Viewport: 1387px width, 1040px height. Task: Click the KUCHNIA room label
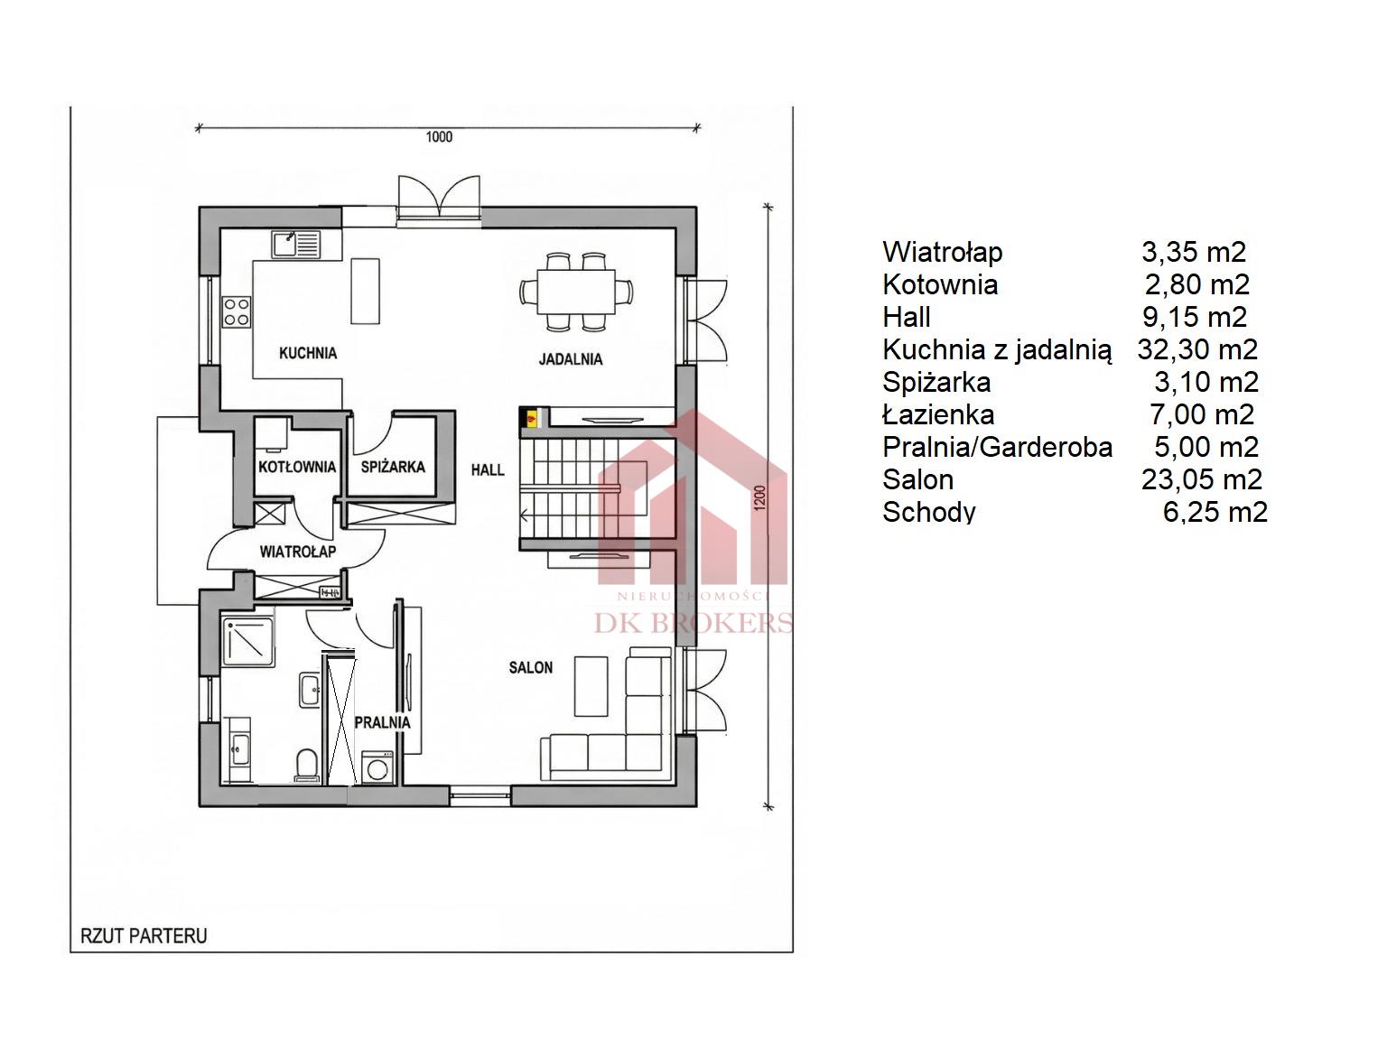pyautogui.click(x=308, y=352)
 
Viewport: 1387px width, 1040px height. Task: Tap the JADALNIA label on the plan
pyautogui.click(x=570, y=359)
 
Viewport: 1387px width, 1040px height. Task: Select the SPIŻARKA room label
pyautogui.click(x=393, y=468)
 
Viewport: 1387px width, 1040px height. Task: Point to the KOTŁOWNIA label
pyautogui.click(x=296, y=468)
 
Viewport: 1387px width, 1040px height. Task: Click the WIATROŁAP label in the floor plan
pyautogui.click(x=298, y=552)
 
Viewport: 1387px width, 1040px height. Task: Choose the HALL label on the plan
pyautogui.click(x=488, y=469)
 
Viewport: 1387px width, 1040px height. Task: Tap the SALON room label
pyautogui.click(x=531, y=667)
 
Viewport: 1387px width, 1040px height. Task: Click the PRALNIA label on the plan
pyautogui.click(x=382, y=722)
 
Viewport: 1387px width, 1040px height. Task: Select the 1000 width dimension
pyautogui.click(x=439, y=137)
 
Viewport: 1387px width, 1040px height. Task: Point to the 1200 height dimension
pyautogui.click(x=760, y=497)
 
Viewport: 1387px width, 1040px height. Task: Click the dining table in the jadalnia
pyautogui.click(x=576, y=291)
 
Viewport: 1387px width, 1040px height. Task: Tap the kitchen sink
pyautogui.click(x=296, y=245)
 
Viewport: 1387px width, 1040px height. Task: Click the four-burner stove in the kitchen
pyautogui.click(x=237, y=313)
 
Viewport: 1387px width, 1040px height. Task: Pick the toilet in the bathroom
pyautogui.click(x=305, y=765)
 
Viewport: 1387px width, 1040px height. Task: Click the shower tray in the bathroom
pyautogui.click(x=248, y=642)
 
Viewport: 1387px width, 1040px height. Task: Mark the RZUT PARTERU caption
pyautogui.click(x=144, y=935)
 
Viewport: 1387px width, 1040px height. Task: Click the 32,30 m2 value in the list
pyautogui.click(x=1197, y=349)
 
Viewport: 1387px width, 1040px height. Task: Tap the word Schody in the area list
pyautogui.click(x=929, y=513)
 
